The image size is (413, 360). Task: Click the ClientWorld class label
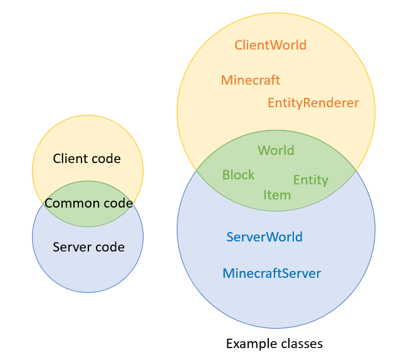pyautogui.click(x=270, y=45)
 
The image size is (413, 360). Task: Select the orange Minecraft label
pyautogui.click(x=251, y=80)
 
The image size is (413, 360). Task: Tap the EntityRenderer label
pyautogui.click(x=313, y=103)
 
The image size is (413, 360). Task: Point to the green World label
pyautogui.click(x=276, y=151)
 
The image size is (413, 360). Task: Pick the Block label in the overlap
pyautogui.click(x=238, y=175)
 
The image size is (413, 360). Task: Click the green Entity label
pyautogui.click(x=311, y=180)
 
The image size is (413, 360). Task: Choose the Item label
pyautogui.click(x=277, y=195)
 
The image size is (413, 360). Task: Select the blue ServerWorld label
pyautogui.click(x=264, y=237)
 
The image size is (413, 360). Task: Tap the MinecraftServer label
pyautogui.click(x=272, y=273)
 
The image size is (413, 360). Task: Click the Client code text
pyautogui.click(x=87, y=159)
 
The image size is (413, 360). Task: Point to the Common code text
pyautogui.click(x=88, y=203)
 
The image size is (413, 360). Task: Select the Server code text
pyautogui.click(x=88, y=247)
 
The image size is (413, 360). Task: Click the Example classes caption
pyautogui.click(x=274, y=344)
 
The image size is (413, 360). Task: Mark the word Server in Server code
pyautogui.click(x=71, y=247)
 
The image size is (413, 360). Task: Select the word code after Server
pyautogui.click(x=109, y=247)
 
